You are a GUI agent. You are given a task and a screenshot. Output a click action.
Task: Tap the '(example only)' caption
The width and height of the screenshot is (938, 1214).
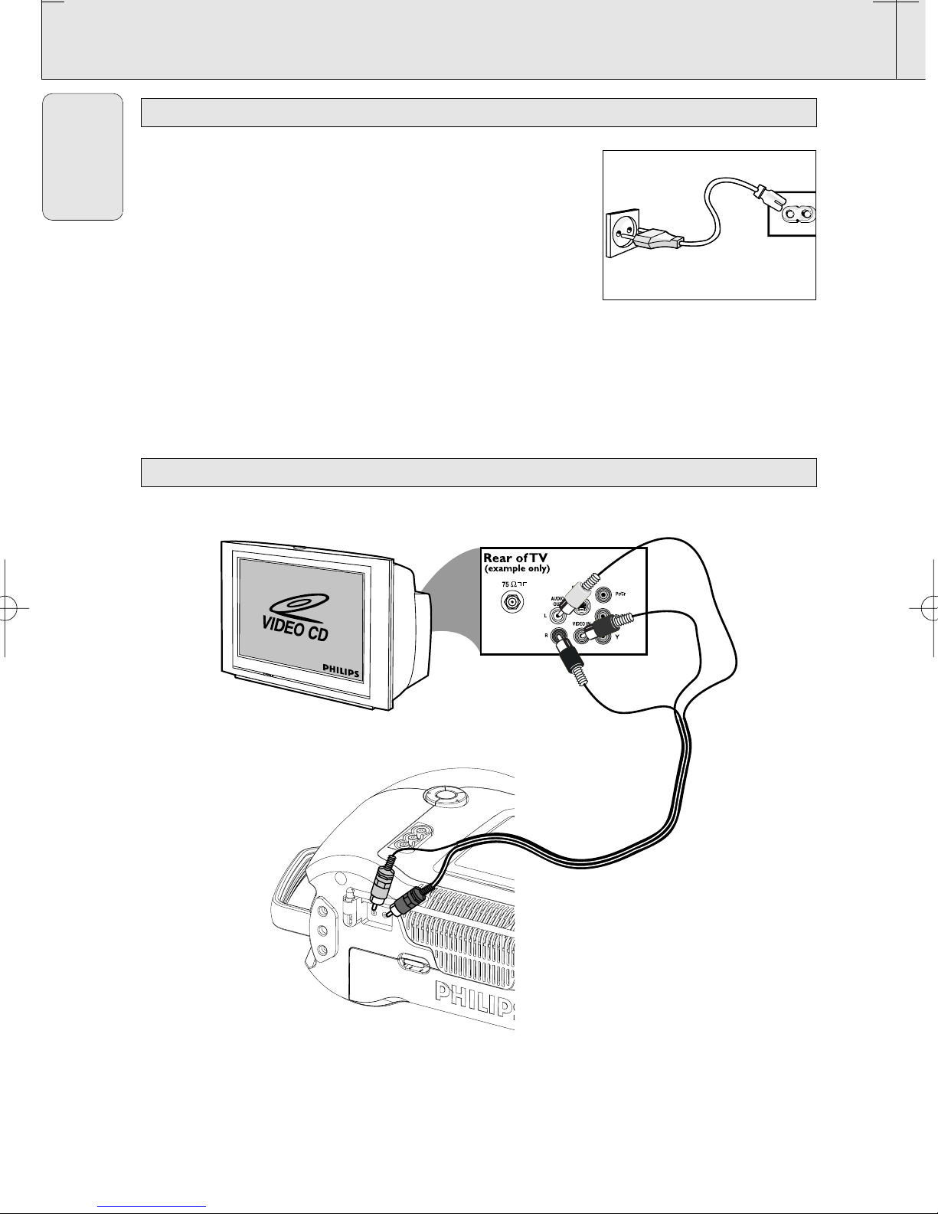click(517, 569)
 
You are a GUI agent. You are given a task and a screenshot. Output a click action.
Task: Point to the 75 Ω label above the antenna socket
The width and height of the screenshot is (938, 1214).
click(511, 584)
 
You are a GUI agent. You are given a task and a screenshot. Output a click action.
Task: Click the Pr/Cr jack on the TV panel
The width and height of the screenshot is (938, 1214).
click(605, 594)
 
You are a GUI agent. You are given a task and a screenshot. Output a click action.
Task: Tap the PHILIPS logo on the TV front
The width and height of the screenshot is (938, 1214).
click(334, 669)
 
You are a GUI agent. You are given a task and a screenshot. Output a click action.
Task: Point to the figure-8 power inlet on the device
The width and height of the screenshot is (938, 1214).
click(794, 214)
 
